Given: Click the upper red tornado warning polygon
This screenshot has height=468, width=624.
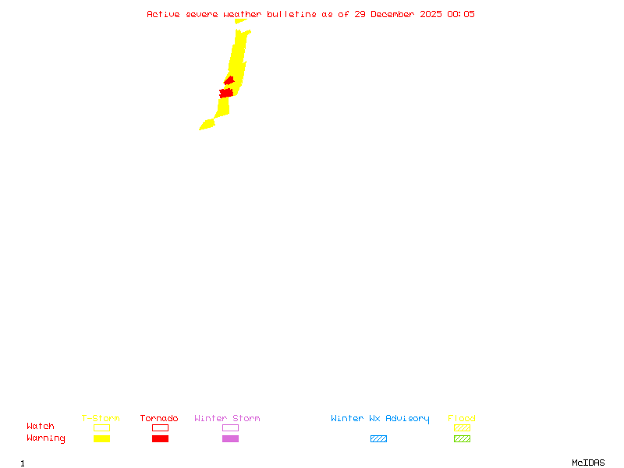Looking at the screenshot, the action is click(229, 80).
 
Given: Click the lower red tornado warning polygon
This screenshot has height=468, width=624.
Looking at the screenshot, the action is click(226, 93).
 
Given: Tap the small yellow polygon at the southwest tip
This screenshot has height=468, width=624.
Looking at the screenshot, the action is click(207, 125).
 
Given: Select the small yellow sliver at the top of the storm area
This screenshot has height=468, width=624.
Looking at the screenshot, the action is click(241, 21).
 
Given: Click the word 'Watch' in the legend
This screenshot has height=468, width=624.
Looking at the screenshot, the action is click(41, 427).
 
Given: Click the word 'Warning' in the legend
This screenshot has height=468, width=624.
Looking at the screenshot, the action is click(45, 438).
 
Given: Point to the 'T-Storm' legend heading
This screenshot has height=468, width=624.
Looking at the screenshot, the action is click(101, 418).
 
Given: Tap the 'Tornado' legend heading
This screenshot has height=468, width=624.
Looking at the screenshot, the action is click(159, 418).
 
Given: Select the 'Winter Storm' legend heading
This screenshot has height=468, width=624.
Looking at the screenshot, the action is click(227, 418).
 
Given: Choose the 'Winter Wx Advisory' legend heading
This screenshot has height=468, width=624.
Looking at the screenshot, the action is click(380, 418).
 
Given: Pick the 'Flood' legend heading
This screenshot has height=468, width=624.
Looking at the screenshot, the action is click(462, 418).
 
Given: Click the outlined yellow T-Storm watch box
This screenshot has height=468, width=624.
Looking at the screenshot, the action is click(101, 427).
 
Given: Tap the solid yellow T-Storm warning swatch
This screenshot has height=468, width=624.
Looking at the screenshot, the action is click(101, 438).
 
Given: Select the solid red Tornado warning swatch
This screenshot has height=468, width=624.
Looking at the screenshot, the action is click(160, 438).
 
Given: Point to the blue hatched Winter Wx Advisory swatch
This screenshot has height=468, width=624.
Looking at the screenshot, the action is click(378, 438).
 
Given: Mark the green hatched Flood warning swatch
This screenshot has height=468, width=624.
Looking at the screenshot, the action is click(462, 438).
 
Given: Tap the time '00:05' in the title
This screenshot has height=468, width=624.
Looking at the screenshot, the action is click(460, 14).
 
